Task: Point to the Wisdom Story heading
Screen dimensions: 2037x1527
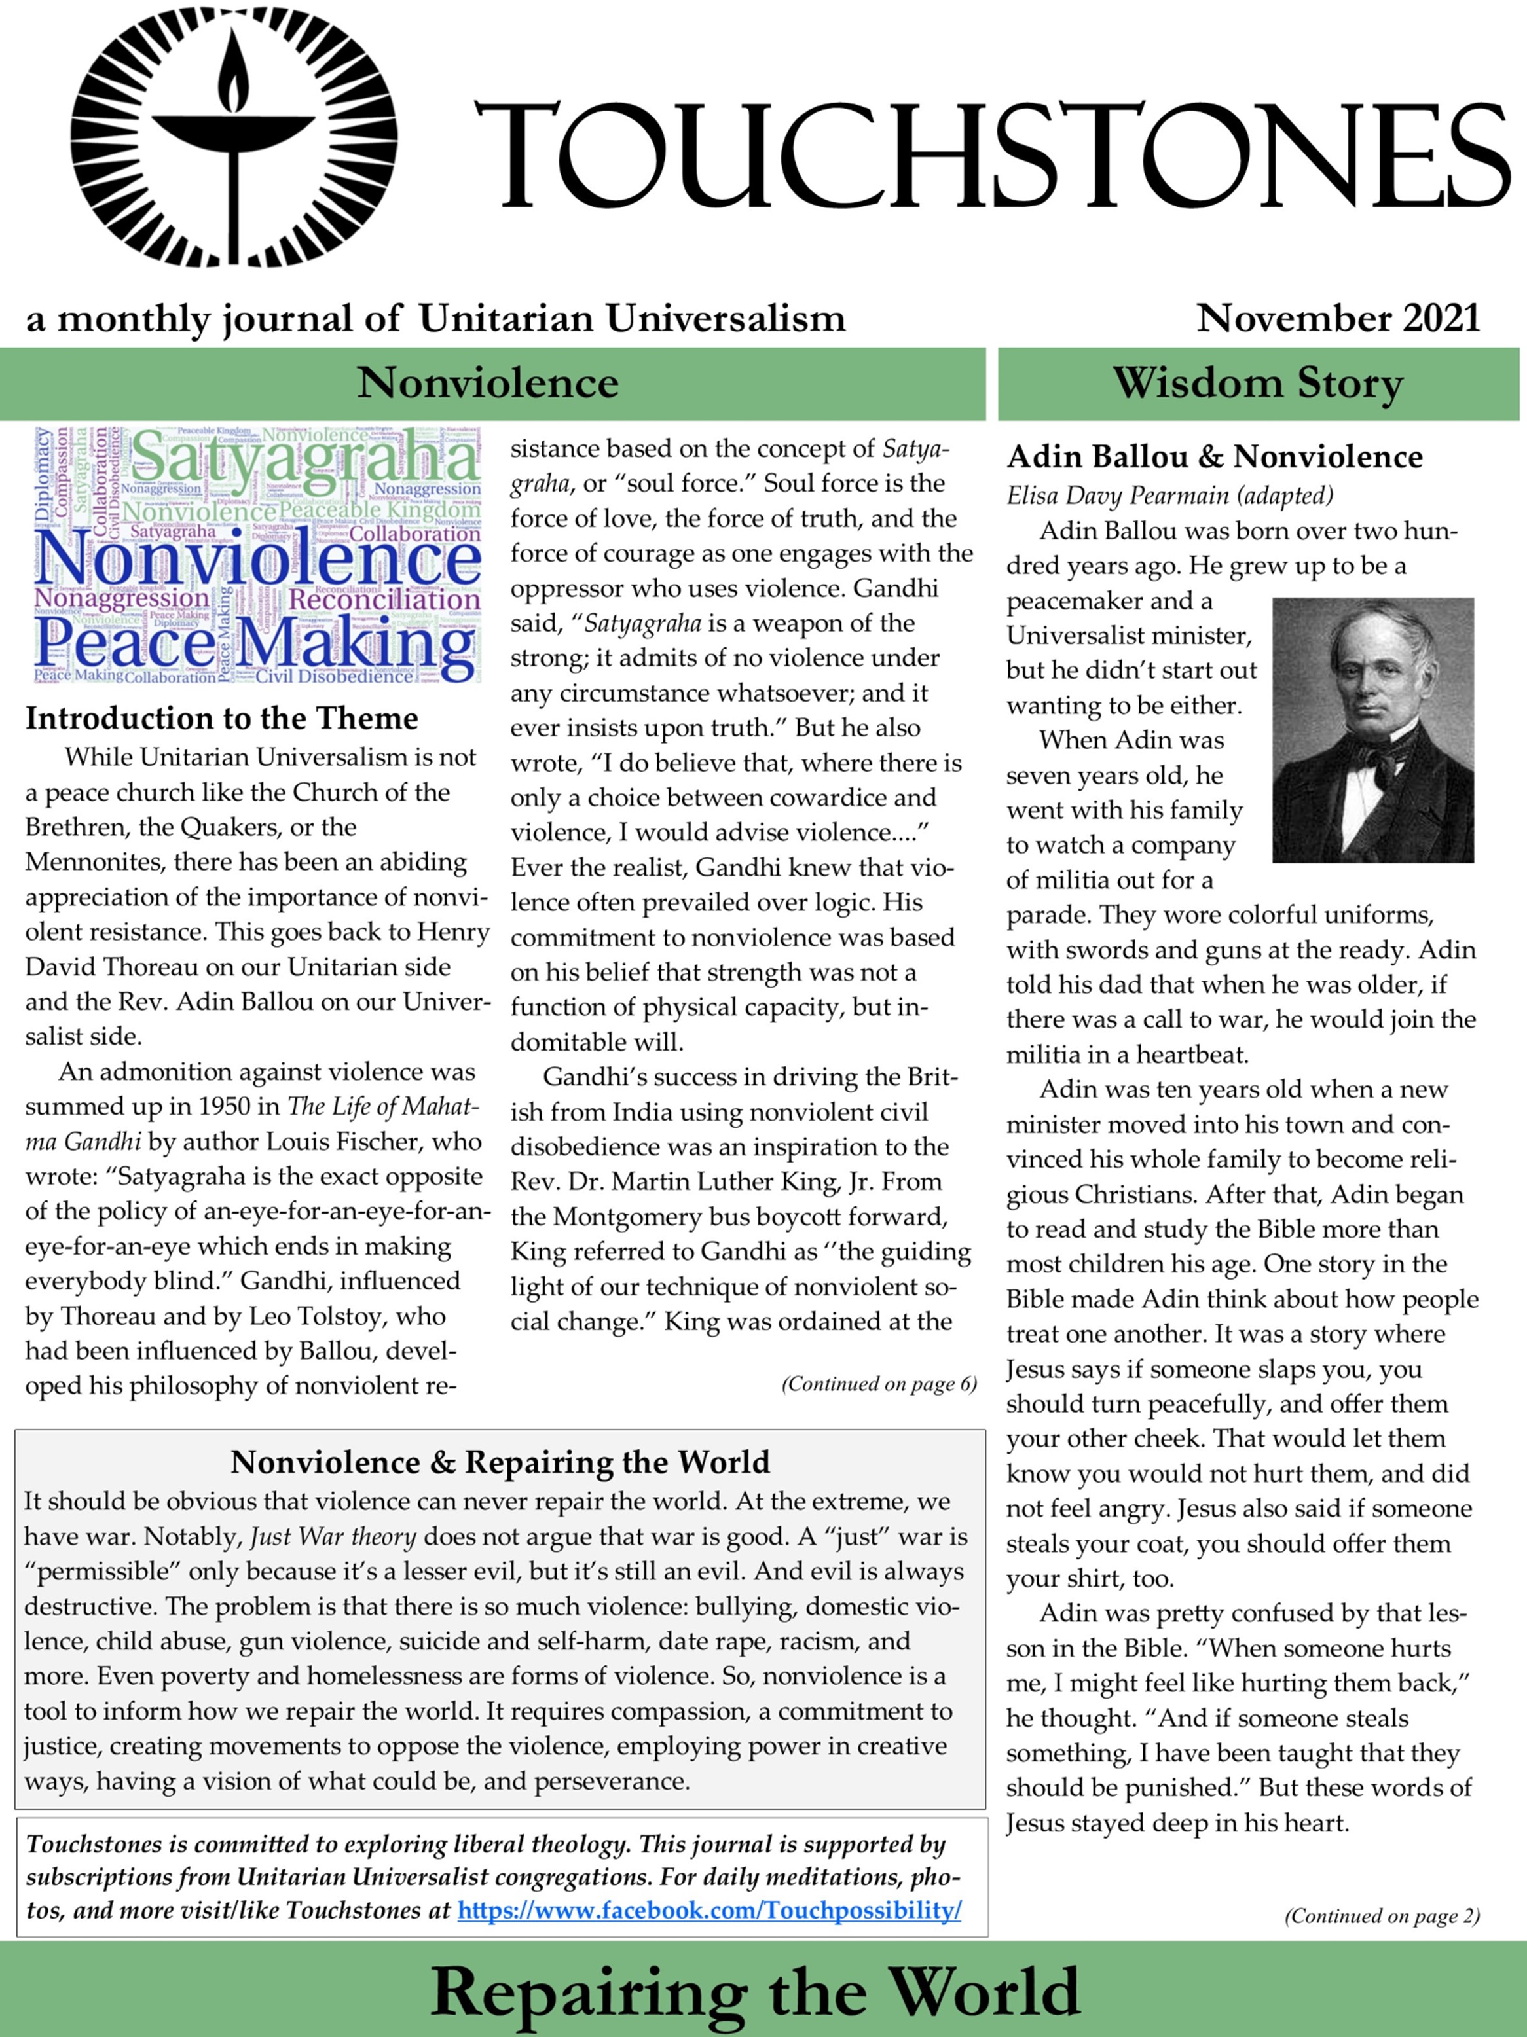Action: pyautogui.click(x=1257, y=383)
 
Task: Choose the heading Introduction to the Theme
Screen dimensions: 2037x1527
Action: pyautogui.click(x=222, y=718)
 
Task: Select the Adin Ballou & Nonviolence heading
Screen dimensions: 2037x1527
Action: pyautogui.click(x=1214, y=457)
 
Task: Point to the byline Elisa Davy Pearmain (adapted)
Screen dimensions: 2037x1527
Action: pyautogui.click(x=1169, y=496)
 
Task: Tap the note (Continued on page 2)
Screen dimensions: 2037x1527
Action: pyautogui.click(x=1382, y=1917)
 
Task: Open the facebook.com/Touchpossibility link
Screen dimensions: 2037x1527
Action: pyautogui.click(x=709, y=1910)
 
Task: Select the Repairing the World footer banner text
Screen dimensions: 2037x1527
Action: pyautogui.click(x=755, y=1991)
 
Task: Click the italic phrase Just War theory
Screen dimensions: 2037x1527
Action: pyautogui.click(x=333, y=1537)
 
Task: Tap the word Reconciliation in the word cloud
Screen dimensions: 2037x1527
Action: pyautogui.click(x=384, y=600)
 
